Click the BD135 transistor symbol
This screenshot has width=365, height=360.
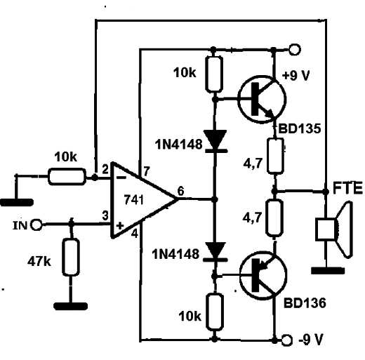click(x=262, y=100)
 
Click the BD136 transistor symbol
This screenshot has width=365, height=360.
click(x=263, y=275)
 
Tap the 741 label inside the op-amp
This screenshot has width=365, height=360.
click(x=134, y=200)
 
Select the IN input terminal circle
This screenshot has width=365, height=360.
click(x=36, y=225)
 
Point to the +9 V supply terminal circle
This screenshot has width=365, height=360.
click(x=294, y=50)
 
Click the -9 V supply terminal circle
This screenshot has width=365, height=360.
click(x=286, y=340)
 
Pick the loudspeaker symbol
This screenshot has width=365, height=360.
click(x=334, y=229)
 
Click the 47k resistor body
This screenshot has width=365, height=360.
click(x=71, y=257)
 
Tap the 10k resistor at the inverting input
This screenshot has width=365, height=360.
click(x=67, y=177)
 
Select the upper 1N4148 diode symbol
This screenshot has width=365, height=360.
click(x=215, y=141)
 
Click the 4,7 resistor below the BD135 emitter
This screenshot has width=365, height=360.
click(x=276, y=156)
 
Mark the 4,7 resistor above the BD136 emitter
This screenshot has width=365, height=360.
click(x=274, y=218)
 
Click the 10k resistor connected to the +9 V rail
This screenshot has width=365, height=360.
click(x=213, y=74)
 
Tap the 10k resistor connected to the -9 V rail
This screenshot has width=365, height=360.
click(x=214, y=312)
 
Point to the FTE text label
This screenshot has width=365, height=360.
click(x=347, y=188)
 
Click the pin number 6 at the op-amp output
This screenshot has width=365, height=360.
click(x=180, y=191)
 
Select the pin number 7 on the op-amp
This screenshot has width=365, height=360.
click(x=146, y=171)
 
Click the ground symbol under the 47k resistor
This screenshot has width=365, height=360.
click(x=71, y=306)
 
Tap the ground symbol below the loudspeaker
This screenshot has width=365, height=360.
click(x=328, y=271)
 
